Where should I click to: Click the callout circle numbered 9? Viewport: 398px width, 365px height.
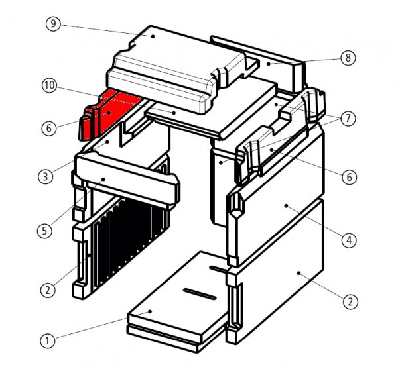point(53,24)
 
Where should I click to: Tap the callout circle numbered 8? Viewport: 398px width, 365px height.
point(348,58)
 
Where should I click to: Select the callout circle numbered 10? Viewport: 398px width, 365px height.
point(50,85)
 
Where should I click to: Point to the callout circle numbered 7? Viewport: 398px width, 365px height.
point(348,118)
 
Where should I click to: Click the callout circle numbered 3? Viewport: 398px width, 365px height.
point(46,176)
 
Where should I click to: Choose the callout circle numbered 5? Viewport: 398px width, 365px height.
point(44,231)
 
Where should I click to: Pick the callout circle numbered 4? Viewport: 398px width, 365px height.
point(349,240)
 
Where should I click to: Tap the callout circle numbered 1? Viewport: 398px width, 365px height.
point(48,340)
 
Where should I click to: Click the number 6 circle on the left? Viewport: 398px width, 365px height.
point(49,129)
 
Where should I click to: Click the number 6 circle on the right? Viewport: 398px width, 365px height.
point(350,177)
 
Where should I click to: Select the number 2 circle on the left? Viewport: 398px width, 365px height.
point(48,290)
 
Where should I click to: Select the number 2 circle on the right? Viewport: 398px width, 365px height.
point(350,302)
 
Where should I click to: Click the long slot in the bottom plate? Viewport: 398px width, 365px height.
point(200,294)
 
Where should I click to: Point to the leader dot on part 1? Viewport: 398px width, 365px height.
point(151,311)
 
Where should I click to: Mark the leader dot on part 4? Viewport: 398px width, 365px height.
point(286,206)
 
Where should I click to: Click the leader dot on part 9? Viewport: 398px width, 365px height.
point(153,36)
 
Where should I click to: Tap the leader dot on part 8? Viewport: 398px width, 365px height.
point(269,64)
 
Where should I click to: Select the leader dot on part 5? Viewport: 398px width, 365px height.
point(103,180)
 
